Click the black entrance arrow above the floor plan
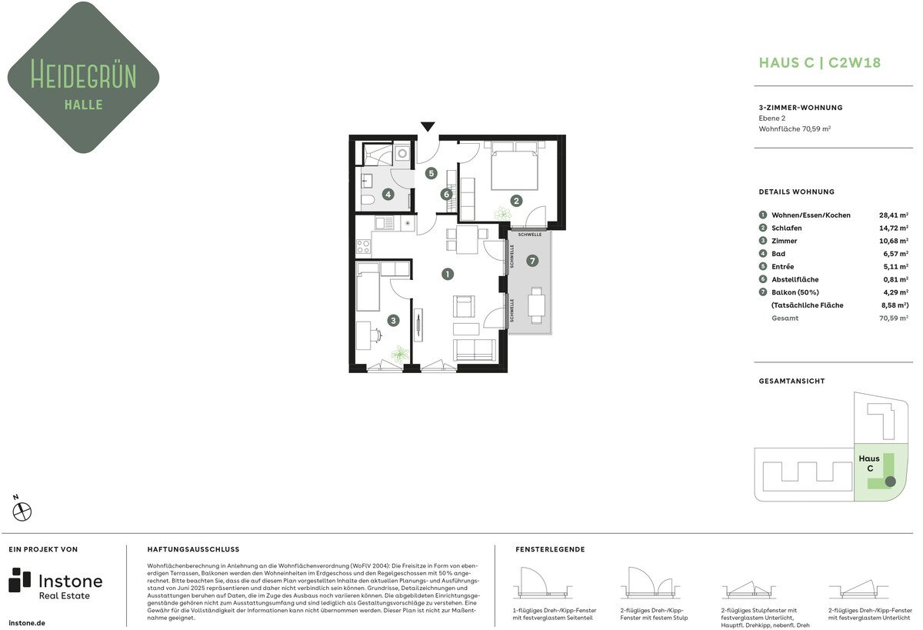pyautogui.click(x=428, y=126)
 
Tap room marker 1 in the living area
pyautogui.click(x=448, y=274)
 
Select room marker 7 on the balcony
pyautogui.click(x=532, y=261)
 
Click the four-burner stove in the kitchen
pyautogui.click(x=363, y=246)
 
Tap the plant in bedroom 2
pyautogui.click(x=503, y=213)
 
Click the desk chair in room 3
pyautogui.click(x=376, y=334)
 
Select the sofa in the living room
pyautogui.click(x=475, y=350)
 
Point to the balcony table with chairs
pyautogui.click(x=537, y=305)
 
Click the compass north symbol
pyautogui.click(x=22, y=510)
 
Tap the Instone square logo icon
pyautogui.click(x=19, y=580)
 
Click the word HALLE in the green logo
pyautogui.click(x=84, y=105)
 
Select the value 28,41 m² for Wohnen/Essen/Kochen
pyautogui.click(x=893, y=215)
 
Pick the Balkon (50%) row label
pyautogui.click(x=795, y=292)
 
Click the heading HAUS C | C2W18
pyautogui.click(x=820, y=62)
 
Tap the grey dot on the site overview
pyautogui.click(x=891, y=482)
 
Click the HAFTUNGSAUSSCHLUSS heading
pyautogui.click(x=193, y=549)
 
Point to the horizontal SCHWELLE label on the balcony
pyautogui.click(x=530, y=235)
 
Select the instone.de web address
pyautogui.click(x=27, y=623)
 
